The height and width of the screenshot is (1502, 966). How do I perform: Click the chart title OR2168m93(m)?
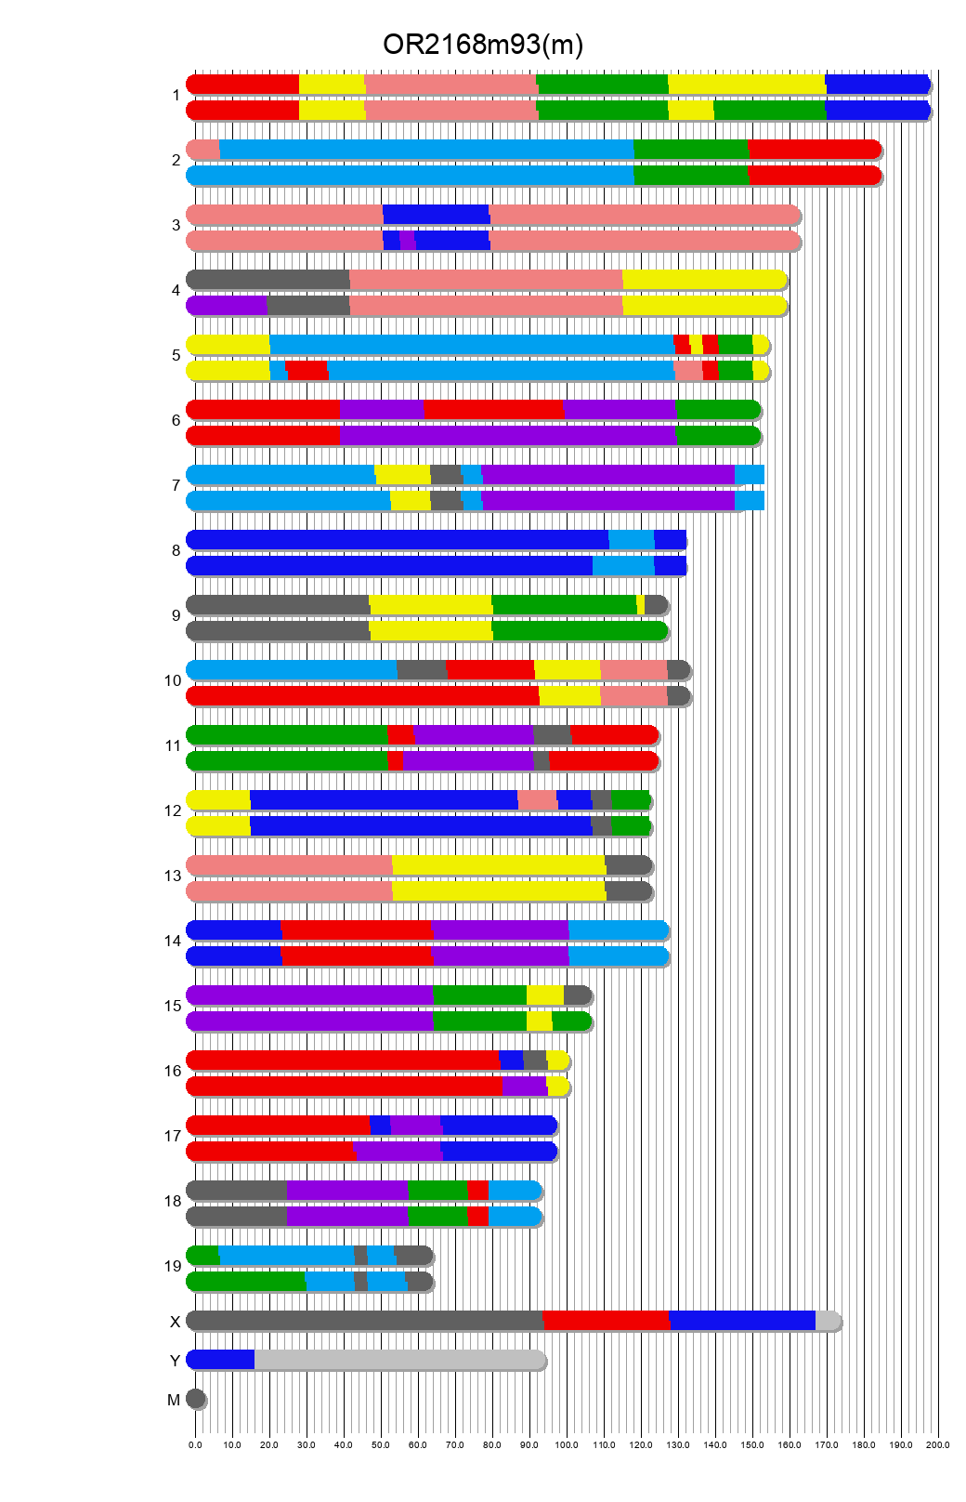tap(483, 45)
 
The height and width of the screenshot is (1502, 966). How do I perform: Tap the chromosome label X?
tap(175, 1322)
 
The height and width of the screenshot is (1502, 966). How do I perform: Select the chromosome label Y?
tap(175, 1361)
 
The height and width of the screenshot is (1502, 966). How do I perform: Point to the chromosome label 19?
tap(173, 1266)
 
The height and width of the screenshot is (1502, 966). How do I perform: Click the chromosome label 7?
tap(176, 485)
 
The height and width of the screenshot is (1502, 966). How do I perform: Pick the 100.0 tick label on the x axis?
tap(567, 1445)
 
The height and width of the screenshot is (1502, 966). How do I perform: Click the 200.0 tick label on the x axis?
tap(938, 1445)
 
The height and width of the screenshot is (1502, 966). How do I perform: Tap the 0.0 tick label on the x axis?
tap(195, 1445)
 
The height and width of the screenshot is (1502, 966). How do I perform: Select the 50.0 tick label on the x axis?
tap(381, 1445)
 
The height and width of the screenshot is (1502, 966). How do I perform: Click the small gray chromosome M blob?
tap(195, 1399)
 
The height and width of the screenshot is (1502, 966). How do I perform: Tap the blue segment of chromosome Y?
tap(221, 1360)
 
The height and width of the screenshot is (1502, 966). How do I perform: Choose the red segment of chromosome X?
tap(606, 1321)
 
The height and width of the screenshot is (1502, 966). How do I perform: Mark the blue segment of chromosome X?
tap(741, 1321)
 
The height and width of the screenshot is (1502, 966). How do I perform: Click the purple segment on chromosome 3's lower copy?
tap(407, 241)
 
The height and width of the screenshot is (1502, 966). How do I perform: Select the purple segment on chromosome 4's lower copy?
tap(228, 306)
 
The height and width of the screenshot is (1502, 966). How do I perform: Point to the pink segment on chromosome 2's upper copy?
tap(203, 150)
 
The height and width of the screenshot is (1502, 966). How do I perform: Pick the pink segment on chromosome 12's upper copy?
tap(537, 800)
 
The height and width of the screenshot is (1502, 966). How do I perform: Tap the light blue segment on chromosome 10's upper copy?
tap(292, 670)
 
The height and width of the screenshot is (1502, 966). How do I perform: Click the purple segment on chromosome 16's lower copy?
tap(525, 1087)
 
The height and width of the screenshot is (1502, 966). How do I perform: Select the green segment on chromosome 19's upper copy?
tap(203, 1256)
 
